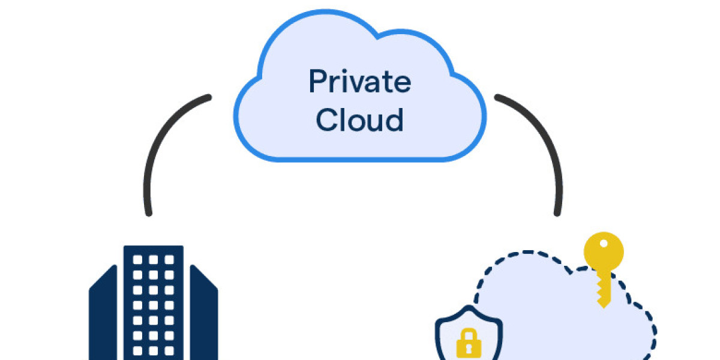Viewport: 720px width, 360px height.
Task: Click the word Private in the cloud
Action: coord(359,82)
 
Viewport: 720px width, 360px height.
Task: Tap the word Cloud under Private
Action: coord(359,120)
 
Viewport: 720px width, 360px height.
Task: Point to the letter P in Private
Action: coord(319,82)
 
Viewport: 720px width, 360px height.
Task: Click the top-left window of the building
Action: coord(137,260)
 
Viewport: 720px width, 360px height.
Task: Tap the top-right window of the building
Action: coord(169,260)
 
